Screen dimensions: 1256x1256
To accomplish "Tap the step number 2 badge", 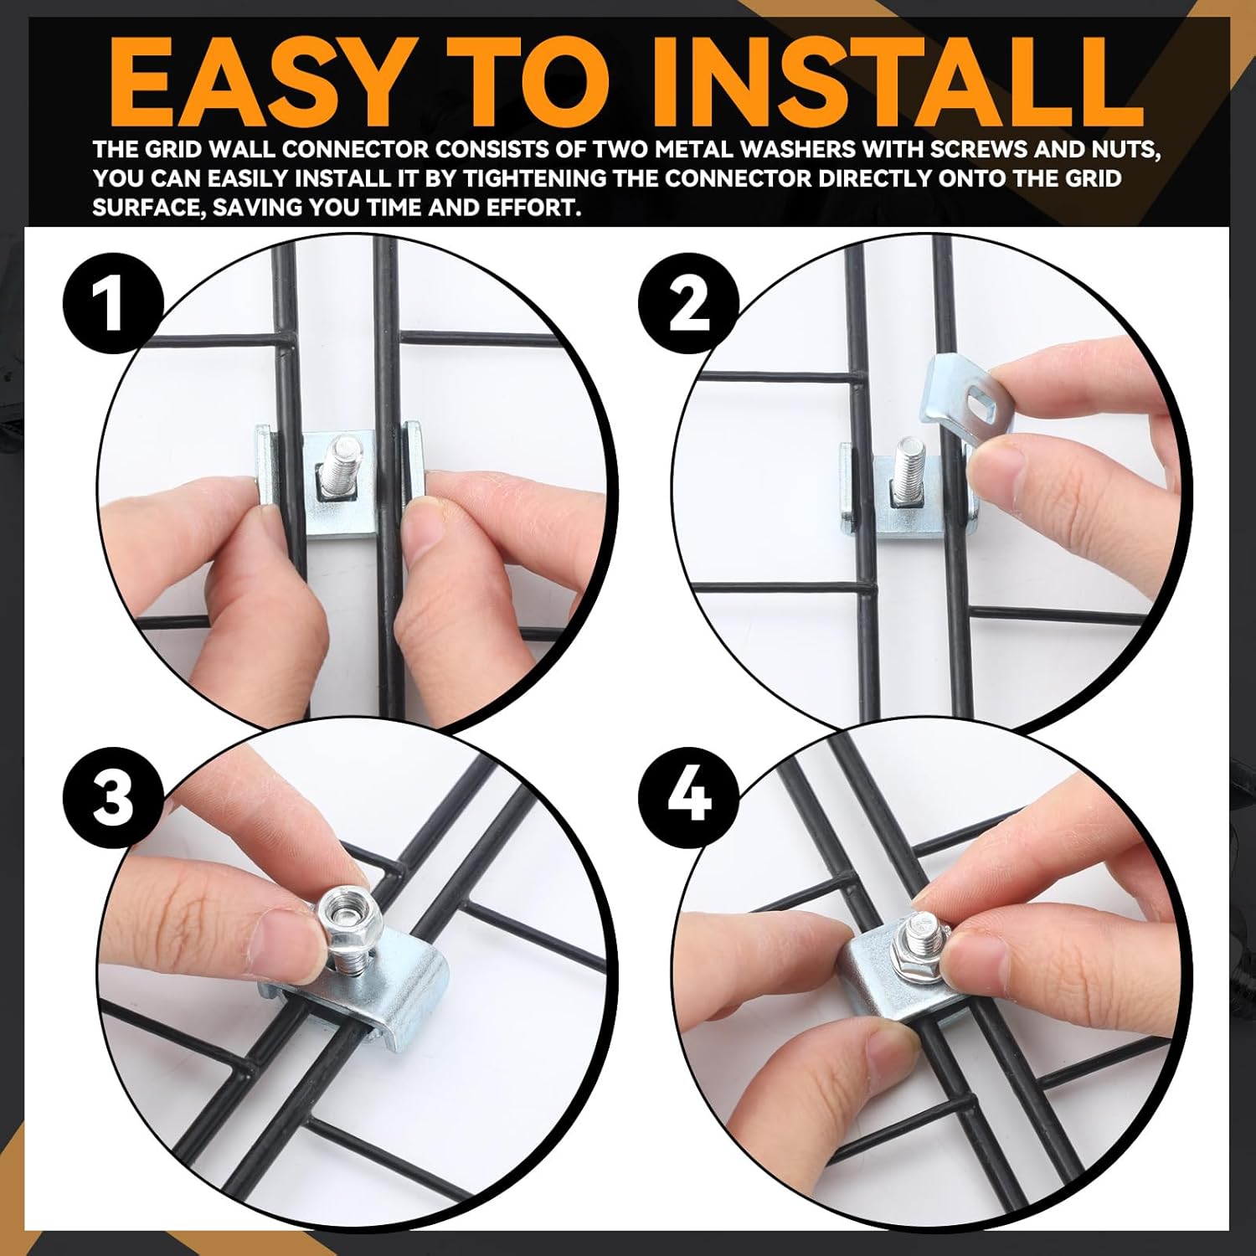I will [x=688, y=304].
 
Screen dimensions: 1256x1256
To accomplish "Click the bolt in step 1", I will [x=343, y=462].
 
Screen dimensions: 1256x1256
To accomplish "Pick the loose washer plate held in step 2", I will [x=963, y=394].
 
